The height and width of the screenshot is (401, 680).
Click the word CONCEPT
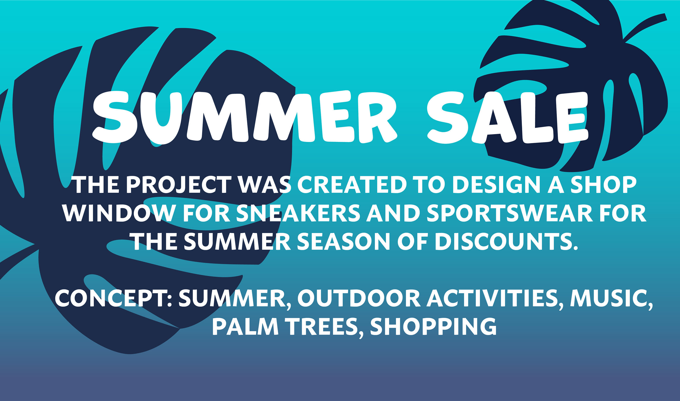pos(113,298)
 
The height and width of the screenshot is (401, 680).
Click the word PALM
pos(245,326)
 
